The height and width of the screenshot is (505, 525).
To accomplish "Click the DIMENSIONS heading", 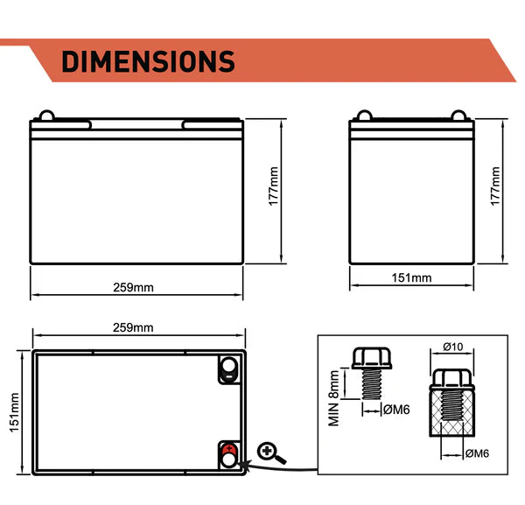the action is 148,61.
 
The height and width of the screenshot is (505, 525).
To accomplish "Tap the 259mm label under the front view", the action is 133,288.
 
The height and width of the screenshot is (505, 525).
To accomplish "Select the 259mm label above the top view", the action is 133,327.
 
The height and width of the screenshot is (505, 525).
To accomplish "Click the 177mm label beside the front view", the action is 274,186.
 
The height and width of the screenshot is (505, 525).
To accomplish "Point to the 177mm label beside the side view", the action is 495,186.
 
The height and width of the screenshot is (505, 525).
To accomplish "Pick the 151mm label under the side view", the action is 411,278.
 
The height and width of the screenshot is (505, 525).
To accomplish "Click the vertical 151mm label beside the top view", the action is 14,412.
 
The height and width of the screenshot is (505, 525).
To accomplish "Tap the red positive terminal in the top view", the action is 229,449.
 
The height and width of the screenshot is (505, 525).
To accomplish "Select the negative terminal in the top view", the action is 229,369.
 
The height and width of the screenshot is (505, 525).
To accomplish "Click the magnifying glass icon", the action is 270,452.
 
